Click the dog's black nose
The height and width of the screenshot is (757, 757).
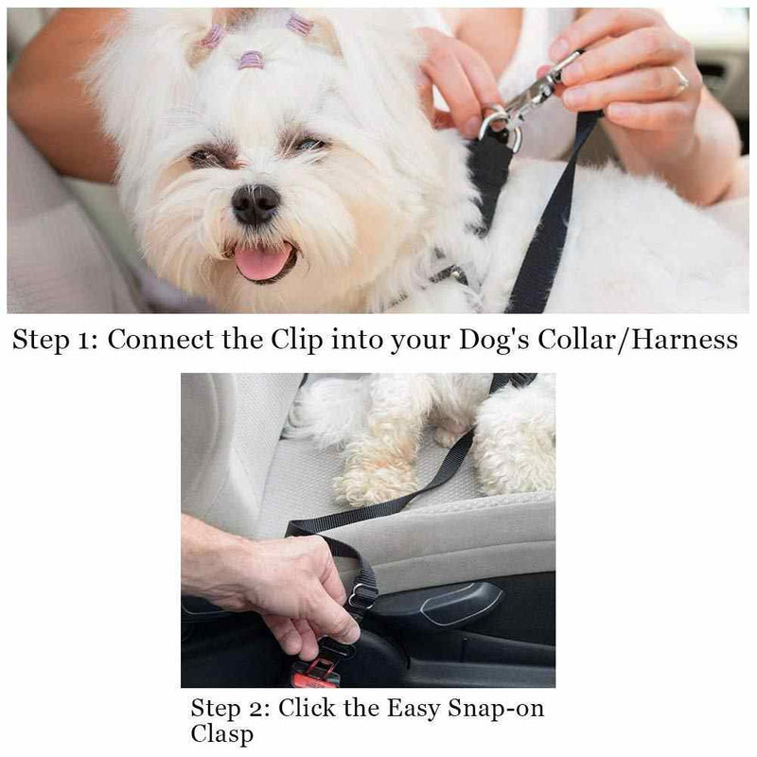(255, 203)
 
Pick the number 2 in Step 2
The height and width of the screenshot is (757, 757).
(263, 709)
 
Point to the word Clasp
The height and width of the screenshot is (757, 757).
(220, 734)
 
